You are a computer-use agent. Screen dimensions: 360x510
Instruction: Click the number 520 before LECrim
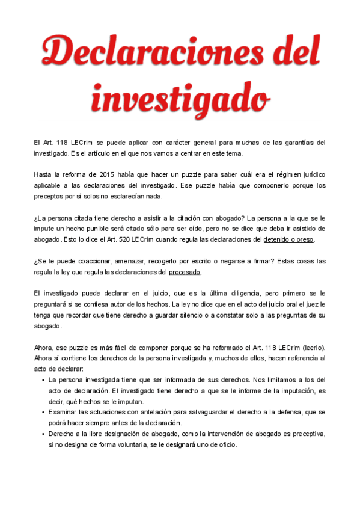point(135,239)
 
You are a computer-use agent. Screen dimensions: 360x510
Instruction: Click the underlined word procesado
point(185,272)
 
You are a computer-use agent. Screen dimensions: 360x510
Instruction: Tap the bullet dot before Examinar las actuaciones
point(43,413)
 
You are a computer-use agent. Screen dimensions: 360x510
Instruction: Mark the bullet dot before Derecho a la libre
point(43,435)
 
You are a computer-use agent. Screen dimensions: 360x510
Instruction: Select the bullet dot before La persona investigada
point(43,381)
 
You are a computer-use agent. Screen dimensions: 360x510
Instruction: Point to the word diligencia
point(237,293)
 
